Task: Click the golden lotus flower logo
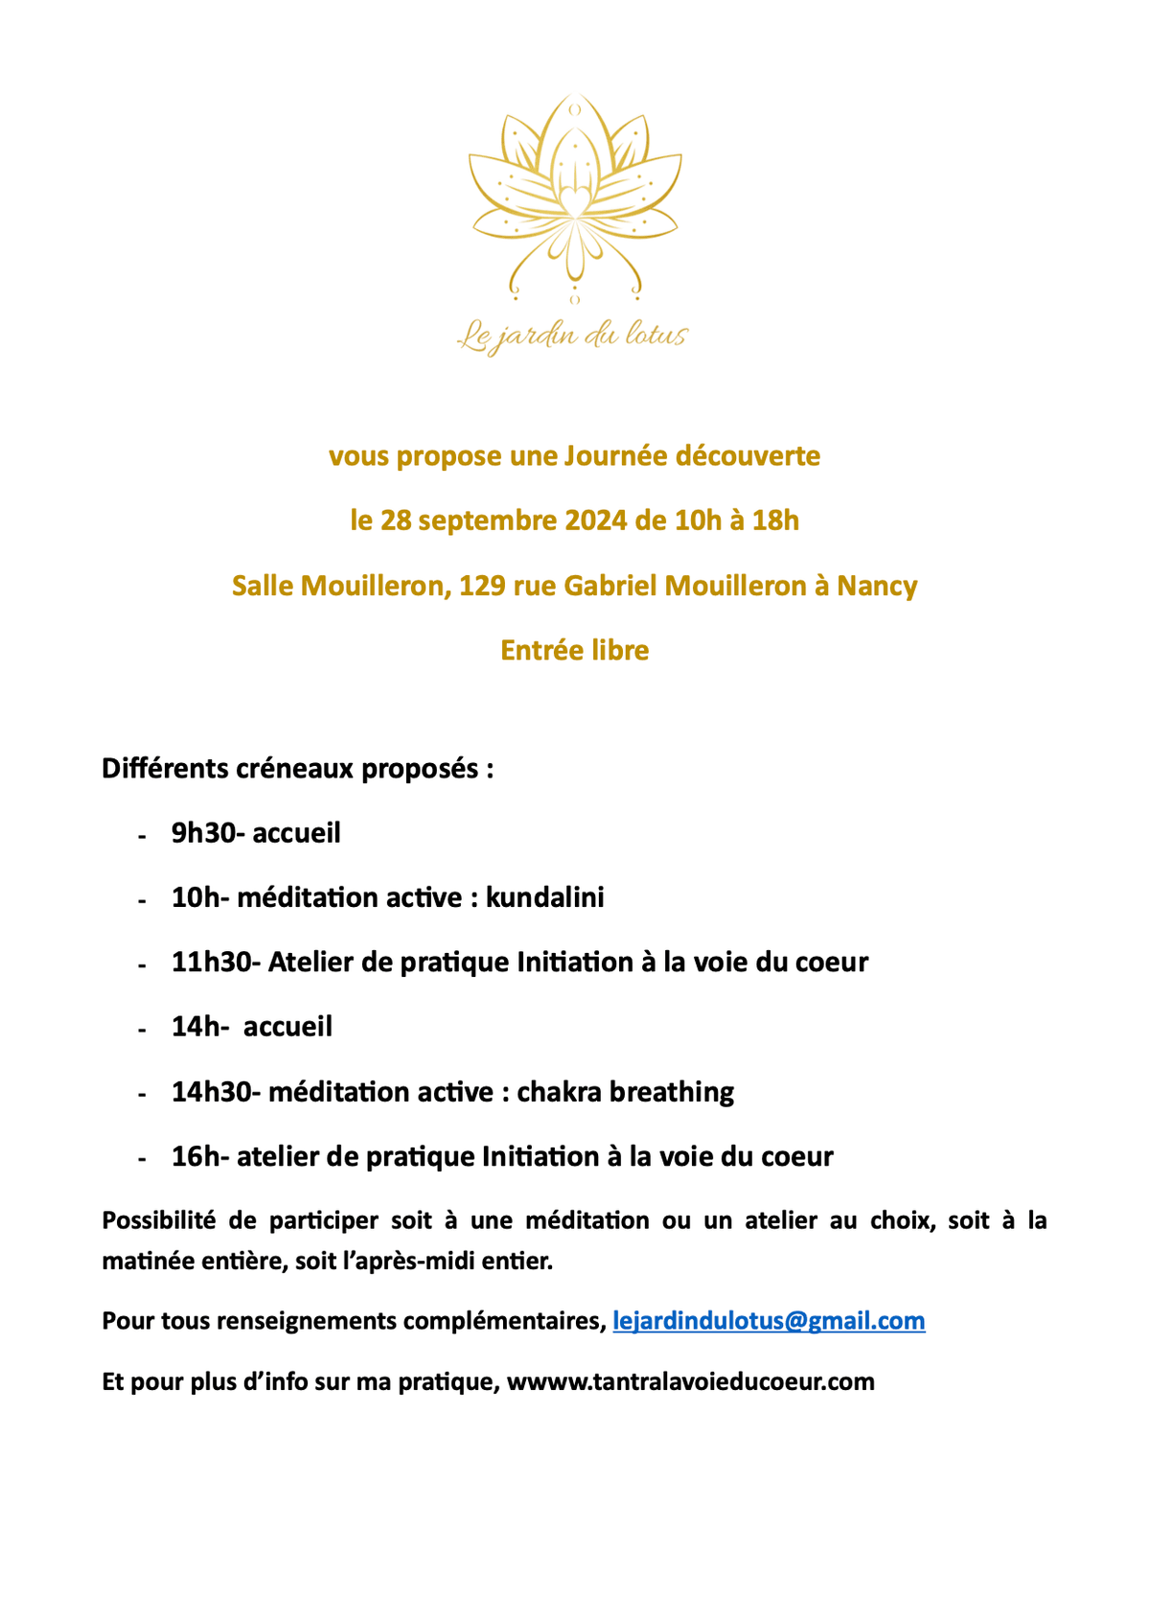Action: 574,197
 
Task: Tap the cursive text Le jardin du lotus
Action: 573,336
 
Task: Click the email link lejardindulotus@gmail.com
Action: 769,1321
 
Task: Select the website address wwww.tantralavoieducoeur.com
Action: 690,1381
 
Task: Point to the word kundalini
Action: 545,897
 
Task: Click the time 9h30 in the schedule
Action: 203,833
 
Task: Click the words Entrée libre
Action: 575,650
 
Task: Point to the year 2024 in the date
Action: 596,521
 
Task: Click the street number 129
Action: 482,586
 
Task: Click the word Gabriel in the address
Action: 609,586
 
